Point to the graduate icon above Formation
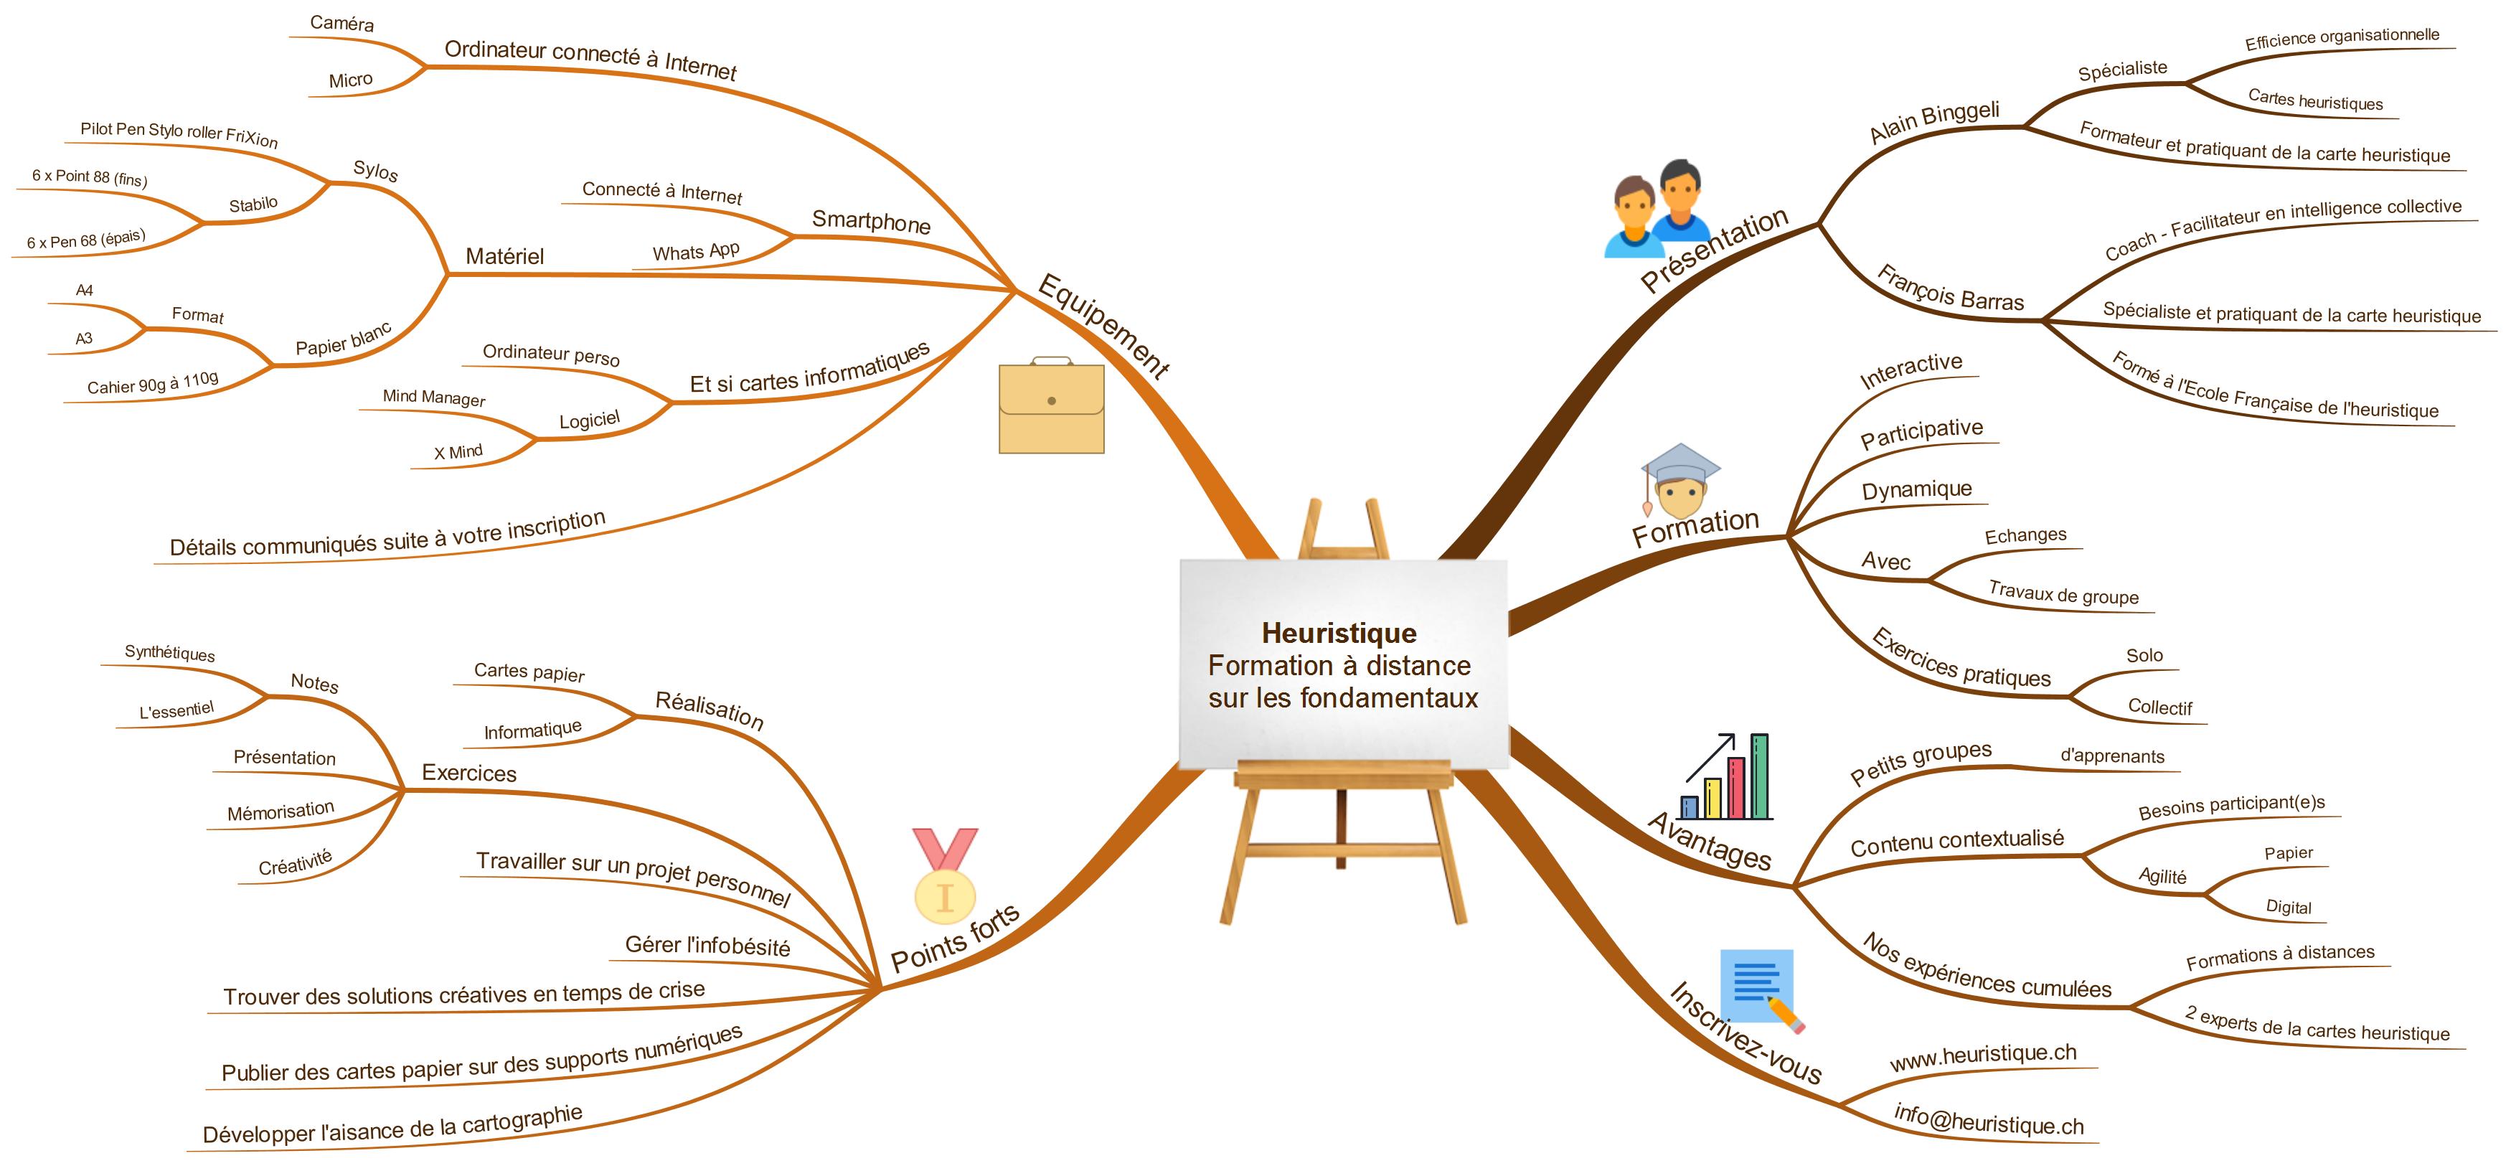point(1680,481)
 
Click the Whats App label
point(696,252)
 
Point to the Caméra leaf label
point(341,22)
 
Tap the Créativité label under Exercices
point(296,863)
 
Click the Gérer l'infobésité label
point(707,945)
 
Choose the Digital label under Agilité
point(2288,907)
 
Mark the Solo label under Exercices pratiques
point(2144,655)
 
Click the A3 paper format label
point(84,339)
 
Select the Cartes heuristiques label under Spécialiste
point(2314,100)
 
